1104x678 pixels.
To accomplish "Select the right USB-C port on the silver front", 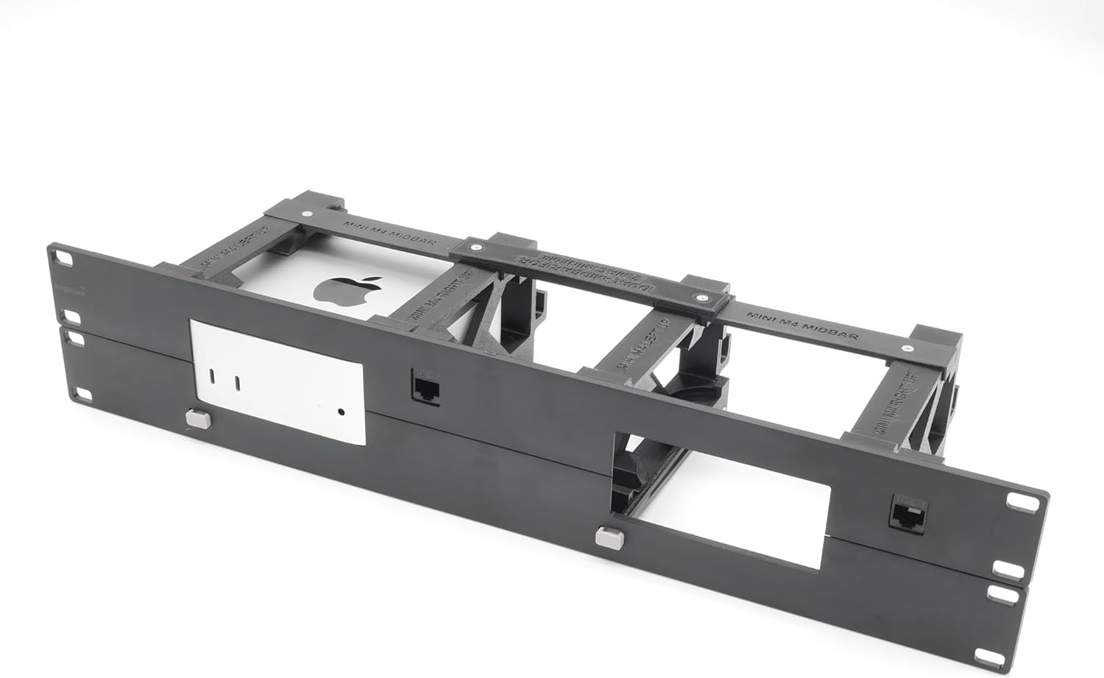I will click(238, 383).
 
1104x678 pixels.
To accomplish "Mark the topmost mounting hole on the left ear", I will click(64, 260).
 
